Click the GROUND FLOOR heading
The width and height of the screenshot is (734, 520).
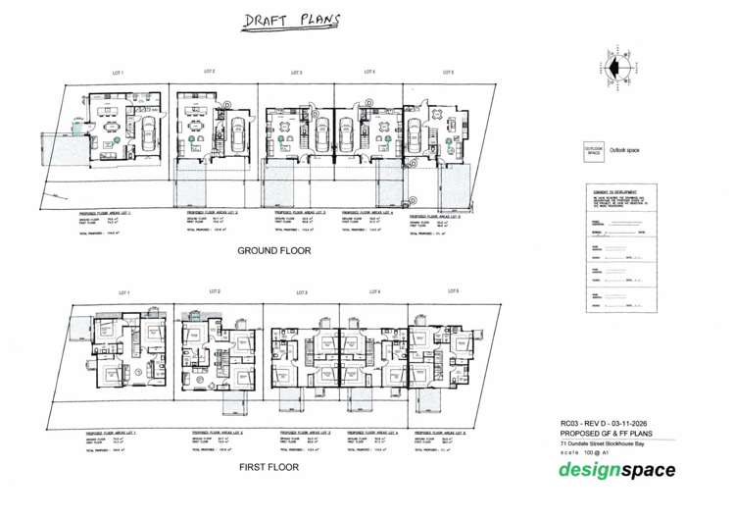coord(273,251)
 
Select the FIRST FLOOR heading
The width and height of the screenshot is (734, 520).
coord(269,467)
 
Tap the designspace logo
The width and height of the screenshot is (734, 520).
coord(616,470)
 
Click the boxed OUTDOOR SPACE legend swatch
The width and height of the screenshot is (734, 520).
coord(593,152)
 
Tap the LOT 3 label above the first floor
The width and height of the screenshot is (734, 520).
coord(301,292)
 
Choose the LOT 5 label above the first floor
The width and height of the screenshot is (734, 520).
coord(453,290)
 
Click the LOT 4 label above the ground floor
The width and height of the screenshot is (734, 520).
coord(370,72)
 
